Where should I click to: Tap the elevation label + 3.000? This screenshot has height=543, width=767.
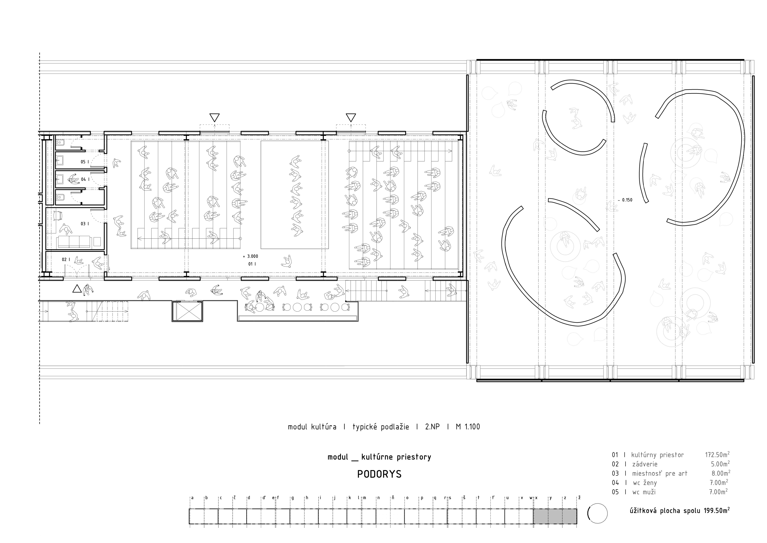coord(251,256)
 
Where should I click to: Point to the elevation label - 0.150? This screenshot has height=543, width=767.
coord(625,200)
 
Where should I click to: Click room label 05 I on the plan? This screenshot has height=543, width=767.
coord(85,162)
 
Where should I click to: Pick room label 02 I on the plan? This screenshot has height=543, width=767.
coord(66,259)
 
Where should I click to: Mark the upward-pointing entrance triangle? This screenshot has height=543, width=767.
coord(77,289)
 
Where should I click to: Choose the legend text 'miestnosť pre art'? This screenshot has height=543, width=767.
coord(660,473)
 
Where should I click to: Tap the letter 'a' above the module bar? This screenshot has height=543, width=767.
coord(192,497)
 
